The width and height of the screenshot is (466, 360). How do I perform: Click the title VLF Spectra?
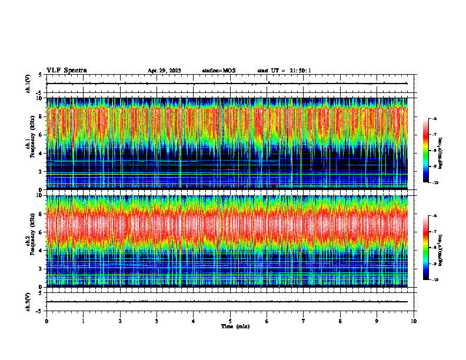click(66, 70)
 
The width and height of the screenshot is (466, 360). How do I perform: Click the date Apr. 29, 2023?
click(164, 71)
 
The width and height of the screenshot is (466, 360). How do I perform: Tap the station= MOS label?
click(218, 71)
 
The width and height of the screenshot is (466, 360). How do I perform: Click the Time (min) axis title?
click(235, 326)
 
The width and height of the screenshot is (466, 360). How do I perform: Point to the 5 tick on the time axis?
click(230, 321)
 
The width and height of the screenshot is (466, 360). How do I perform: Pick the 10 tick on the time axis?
click(414, 321)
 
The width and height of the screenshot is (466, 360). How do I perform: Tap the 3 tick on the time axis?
click(157, 321)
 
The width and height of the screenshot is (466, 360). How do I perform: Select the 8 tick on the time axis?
click(340, 321)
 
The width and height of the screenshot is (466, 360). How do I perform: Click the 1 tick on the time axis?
click(83, 321)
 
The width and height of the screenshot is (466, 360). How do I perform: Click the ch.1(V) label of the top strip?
click(28, 84)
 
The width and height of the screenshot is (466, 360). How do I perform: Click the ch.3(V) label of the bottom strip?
click(28, 301)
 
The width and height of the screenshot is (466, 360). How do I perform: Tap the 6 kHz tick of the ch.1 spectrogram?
click(42, 135)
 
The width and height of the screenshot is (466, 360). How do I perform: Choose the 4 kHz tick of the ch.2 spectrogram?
click(42, 251)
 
